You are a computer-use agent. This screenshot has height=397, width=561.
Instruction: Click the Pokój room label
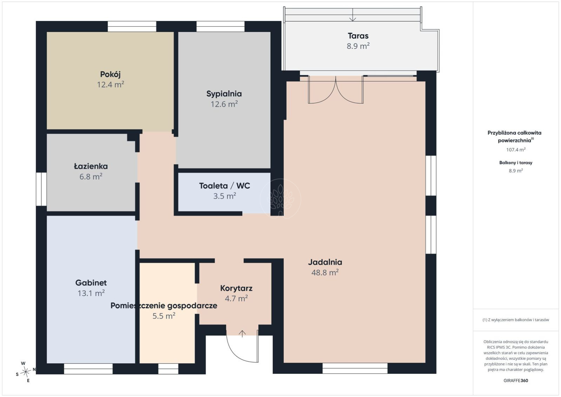tap(110, 74)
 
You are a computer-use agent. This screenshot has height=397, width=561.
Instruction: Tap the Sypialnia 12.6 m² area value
tap(224, 104)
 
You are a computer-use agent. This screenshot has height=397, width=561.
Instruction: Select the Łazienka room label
tap(91, 166)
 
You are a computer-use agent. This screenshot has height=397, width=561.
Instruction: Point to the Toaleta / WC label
tap(224, 186)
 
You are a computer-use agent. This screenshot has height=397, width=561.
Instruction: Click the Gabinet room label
tap(91, 283)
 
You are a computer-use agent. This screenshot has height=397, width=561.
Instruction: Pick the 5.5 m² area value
tap(164, 316)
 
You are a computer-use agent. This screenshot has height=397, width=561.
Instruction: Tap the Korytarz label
tap(236, 288)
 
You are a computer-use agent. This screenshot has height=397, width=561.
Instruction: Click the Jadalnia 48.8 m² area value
tap(325, 272)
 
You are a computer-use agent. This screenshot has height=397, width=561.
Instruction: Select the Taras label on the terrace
tap(358, 36)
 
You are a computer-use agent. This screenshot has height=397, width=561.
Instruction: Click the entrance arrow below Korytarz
tap(242, 334)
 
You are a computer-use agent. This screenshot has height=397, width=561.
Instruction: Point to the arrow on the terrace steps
tap(352, 15)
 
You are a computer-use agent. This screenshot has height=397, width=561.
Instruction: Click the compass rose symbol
tap(26, 372)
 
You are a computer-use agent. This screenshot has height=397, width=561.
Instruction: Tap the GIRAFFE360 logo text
tap(516, 381)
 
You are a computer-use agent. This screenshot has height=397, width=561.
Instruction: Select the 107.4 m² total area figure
tap(516, 150)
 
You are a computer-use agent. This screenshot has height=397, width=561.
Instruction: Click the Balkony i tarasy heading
tap(516, 163)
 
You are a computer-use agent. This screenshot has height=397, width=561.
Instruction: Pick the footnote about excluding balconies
tap(516, 320)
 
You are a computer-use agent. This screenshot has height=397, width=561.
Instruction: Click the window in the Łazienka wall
tap(41, 189)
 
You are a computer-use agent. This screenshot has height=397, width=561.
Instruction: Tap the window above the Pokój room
tap(132, 27)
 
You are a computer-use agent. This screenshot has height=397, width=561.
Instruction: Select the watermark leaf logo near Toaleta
tap(280, 199)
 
